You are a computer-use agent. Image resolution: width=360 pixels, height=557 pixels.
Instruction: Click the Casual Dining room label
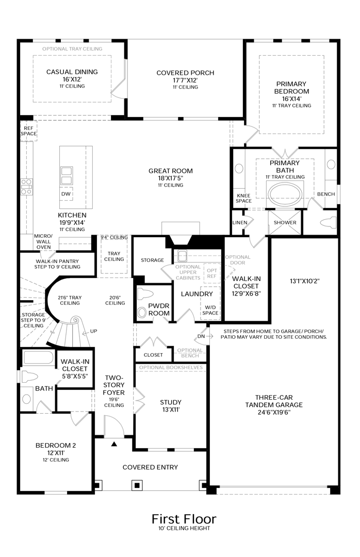coord(72,72)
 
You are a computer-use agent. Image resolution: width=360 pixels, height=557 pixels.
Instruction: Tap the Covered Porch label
coord(185,73)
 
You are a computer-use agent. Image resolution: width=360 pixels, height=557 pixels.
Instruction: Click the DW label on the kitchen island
coord(66,194)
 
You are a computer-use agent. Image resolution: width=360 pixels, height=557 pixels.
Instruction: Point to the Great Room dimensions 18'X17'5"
coord(170,178)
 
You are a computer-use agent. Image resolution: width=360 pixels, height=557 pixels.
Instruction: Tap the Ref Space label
coord(28,131)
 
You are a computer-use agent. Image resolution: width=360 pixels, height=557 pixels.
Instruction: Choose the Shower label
coord(285,223)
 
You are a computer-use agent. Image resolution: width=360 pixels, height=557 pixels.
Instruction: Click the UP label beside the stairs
coord(93,331)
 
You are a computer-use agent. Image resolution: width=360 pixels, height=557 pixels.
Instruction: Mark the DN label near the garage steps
coord(201,336)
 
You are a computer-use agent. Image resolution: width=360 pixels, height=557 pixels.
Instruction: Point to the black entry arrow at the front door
coord(114,443)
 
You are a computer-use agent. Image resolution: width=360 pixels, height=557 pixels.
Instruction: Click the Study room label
coord(171,402)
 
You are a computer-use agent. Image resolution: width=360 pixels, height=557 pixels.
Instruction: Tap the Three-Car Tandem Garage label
coord(279,401)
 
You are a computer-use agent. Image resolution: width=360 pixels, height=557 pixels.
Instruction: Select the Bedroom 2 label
coord(56,445)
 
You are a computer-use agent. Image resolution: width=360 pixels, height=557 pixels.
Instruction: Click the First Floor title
coord(184,518)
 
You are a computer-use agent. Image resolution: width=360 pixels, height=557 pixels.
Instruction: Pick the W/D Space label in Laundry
coord(210,310)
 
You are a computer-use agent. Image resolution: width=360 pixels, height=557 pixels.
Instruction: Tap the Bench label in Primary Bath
coord(326,194)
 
